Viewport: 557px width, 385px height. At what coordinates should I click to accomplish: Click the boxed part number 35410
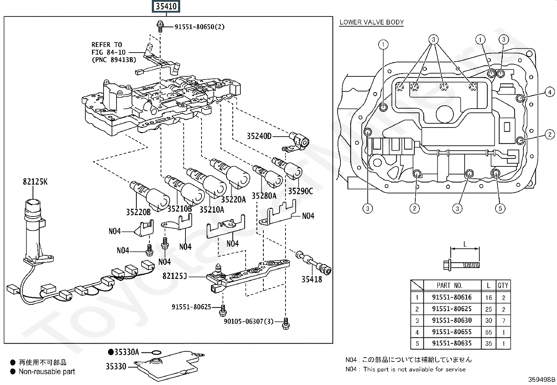tap(166, 6)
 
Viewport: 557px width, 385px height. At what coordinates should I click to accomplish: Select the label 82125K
tap(35, 181)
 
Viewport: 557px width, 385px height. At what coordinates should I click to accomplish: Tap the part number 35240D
tap(259, 136)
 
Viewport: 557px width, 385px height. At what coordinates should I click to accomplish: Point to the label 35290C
tap(301, 191)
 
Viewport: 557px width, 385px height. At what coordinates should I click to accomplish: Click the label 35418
tap(312, 279)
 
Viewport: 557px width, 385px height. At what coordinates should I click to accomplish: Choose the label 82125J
tap(175, 276)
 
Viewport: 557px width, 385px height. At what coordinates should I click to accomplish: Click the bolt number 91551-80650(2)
tap(199, 27)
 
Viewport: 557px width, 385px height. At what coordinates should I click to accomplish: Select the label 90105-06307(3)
tap(248, 321)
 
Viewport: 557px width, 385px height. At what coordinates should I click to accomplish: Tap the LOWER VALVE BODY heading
tap(372, 22)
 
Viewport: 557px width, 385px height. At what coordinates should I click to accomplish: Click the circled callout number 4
tap(550, 92)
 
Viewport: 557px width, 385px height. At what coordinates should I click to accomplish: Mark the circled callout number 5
tap(500, 208)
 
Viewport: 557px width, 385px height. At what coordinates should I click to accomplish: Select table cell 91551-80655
tap(452, 332)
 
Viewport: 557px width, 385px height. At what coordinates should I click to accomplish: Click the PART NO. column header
tap(450, 286)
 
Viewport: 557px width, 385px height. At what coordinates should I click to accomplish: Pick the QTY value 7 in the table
tap(503, 321)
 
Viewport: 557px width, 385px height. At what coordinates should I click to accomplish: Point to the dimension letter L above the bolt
tap(465, 244)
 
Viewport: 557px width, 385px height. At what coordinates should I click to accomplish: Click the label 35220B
tap(138, 212)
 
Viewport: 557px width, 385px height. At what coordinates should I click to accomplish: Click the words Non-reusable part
tap(47, 372)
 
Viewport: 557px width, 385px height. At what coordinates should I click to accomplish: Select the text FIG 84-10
tap(108, 52)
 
